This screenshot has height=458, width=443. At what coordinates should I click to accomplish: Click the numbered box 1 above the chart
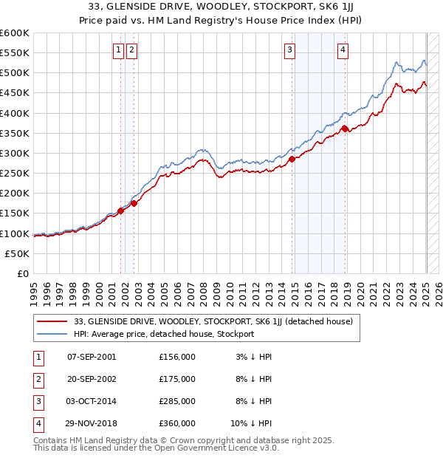(118, 50)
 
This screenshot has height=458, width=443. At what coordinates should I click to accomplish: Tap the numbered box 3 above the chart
(290, 50)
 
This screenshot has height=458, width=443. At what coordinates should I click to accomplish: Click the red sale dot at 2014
(292, 159)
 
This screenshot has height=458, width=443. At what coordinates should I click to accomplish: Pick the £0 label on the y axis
(22, 273)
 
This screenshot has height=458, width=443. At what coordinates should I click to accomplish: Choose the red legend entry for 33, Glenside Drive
(213, 321)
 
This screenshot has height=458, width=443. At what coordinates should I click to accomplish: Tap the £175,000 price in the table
(177, 379)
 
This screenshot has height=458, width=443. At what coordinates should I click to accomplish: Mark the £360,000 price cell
(177, 424)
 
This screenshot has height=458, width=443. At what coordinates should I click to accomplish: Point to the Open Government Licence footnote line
(156, 448)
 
